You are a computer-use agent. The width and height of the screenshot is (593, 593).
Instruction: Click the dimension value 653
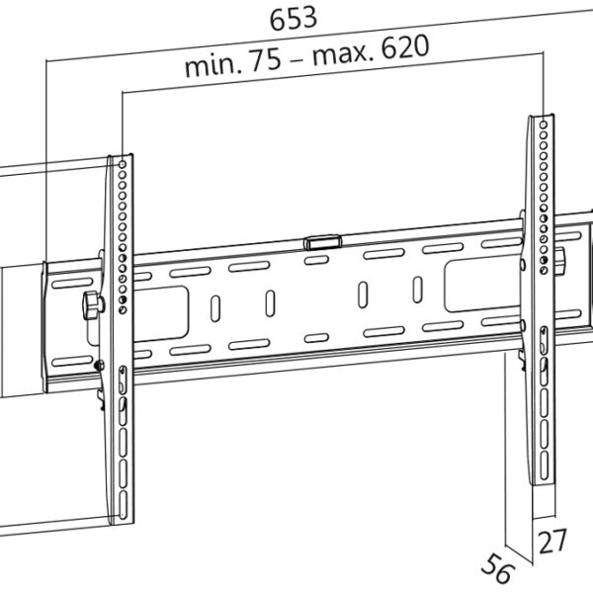(x=294, y=19)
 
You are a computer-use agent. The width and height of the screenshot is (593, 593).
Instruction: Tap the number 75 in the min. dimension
(x=266, y=60)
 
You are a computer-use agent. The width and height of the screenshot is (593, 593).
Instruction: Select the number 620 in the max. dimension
(x=405, y=47)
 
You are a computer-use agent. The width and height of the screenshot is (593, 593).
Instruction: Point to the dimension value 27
(x=552, y=542)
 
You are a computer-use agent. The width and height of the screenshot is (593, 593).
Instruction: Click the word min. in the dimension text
(x=213, y=66)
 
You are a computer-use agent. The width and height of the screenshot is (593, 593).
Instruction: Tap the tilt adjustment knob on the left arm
(x=93, y=304)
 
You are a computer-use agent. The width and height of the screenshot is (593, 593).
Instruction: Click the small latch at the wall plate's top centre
(x=322, y=242)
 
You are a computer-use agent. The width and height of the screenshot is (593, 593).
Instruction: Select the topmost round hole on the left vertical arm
(x=123, y=164)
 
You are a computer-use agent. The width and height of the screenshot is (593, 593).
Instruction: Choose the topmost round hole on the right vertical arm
(x=543, y=125)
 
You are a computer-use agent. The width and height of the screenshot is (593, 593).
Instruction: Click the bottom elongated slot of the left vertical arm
(x=123, y=505)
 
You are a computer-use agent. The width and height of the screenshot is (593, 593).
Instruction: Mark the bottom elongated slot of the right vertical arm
(x=545, y=466)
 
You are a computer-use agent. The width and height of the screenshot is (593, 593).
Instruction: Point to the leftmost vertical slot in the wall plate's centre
(x=215, y=308)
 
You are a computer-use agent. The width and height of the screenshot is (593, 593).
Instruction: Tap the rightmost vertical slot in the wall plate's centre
(x=417, y=290)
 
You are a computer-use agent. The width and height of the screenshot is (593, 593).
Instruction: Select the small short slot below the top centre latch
(x=316, y=260)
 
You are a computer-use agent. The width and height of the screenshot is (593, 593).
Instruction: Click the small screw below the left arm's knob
(x=99, y=366)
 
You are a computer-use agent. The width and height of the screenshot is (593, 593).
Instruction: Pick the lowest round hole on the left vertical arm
(x=123, y=310)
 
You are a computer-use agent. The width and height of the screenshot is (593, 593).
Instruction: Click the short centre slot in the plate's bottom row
(x=316, y=338)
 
